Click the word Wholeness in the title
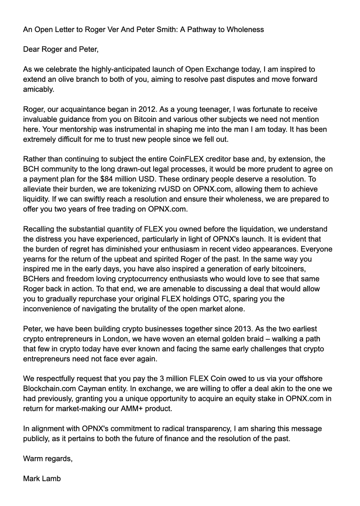click(x=245, y=30)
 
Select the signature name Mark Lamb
click(x=42, y=479)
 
